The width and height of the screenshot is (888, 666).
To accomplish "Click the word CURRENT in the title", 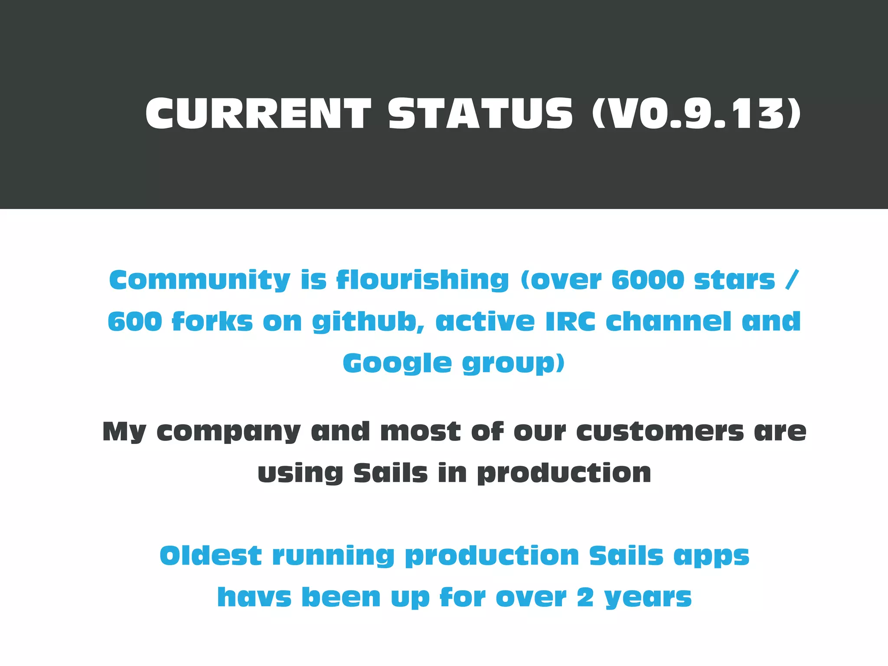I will pyautogui.click(x=258, y=114).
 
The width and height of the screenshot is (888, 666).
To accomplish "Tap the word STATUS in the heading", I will pyautogui.click(x=480, y=114).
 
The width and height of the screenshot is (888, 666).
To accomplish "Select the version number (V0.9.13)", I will pyautogui.click(x=696, y=114).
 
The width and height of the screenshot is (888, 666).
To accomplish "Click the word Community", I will pyautogui.click(x=199, y=280).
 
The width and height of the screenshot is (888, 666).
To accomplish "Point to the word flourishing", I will pyautogui.click(x=423, y=280).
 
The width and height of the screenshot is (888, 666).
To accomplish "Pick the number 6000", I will pyautogui.click(x=648, y=280).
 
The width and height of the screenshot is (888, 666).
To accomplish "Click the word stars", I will pyautogui.click(x=735, y=280).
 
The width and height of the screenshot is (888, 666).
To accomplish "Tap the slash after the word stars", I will pyautogui.click(x=792, y=280).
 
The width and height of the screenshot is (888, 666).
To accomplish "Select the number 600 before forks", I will pyautogui.click(x=135, y=322).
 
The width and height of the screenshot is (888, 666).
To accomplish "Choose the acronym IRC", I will pyautogui.click(x=570, y=322).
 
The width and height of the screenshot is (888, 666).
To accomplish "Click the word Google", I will pyautogui.click(x=397, y=363).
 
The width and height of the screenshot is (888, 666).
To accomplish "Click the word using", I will pyautogui.click(x=300, y=473).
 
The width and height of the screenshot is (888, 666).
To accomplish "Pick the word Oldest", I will pyautogui.click(x=211, y=556).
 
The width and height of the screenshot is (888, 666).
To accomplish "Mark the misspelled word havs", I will pyautogui.click(x=254, y=597).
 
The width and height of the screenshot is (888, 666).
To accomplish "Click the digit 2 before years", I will pyautogui.click(x=585, y=597).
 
